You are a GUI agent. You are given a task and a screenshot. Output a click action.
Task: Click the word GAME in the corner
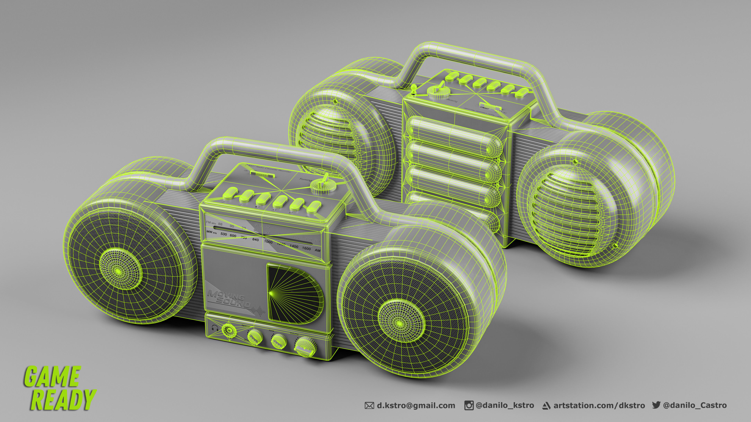coord(52,377)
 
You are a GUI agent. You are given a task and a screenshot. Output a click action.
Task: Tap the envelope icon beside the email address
coord(369,405)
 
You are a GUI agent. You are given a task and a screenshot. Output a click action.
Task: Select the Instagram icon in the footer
coord(469,405)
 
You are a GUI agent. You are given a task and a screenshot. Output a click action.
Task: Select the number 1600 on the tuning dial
coord(306,249)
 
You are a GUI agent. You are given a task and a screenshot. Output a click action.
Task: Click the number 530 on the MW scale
coord(224,234)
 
